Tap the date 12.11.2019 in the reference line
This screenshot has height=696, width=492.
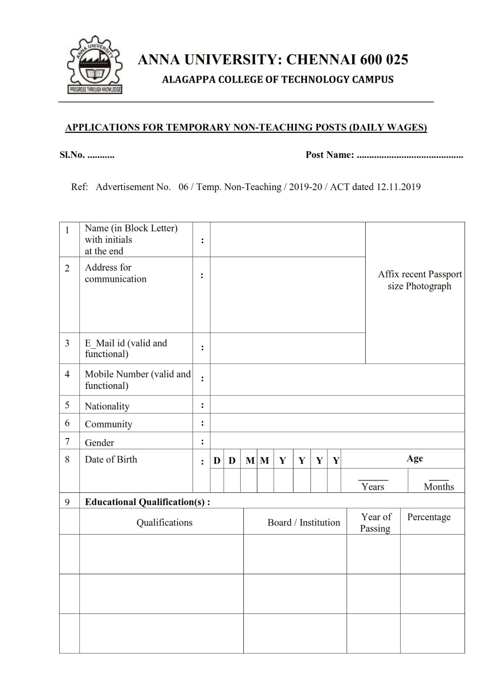pyautogui.click(x=398, y=187)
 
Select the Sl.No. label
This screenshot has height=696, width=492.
pyautogui.click(x=72, y=155)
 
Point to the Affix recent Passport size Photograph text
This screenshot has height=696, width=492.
pyautogui.click(x=420, y=280)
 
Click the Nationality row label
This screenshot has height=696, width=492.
pyautogui.click(x=107, y=406)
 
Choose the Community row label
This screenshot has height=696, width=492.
pyautogui.click(x=108, y=424)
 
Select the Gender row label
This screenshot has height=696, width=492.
pyautogui.click(x=99, y=442)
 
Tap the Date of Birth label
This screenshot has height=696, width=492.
pyautogui.click(x=111, y=459)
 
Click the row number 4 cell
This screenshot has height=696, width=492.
pyautogui.click(x=67, y=374)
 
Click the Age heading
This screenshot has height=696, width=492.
pyautogui.click(x=414, y=458)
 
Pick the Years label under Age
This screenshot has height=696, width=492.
pyautogui.click(x=373, y=487)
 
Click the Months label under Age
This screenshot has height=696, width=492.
pyautogui.click(x=438, y=487)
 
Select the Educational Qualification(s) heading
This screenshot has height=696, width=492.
pyautogui.click(x=147, y=502)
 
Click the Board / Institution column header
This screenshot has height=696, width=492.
pyautogui.click(x=303, y=522)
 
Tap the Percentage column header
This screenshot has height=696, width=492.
pyautogui.click(x=428, y=517)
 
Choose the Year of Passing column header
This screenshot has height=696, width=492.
pyautogui.click(x=375, y=522)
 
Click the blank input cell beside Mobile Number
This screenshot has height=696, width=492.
pyautogui.click(x=337, y=379)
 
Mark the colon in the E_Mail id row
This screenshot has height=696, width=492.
pyautogui.click(x=202, y=348)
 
